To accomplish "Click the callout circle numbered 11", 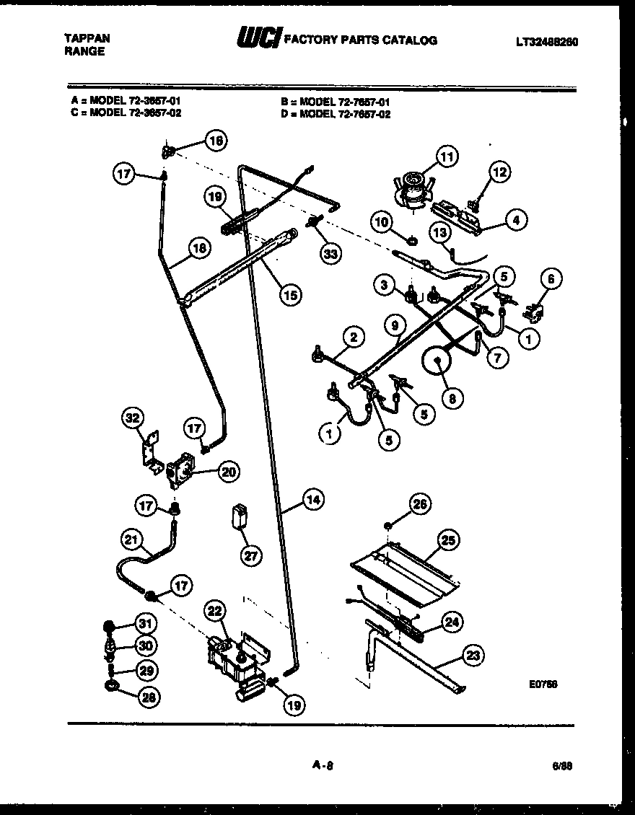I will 447,156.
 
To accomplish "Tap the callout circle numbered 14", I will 312,499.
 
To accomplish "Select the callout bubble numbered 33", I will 332,253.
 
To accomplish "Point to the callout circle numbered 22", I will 213,609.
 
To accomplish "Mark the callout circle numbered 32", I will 133,418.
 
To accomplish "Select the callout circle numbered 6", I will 552,279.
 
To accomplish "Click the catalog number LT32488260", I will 546,42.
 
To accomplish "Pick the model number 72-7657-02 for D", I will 344,114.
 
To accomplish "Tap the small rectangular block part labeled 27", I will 240,516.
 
